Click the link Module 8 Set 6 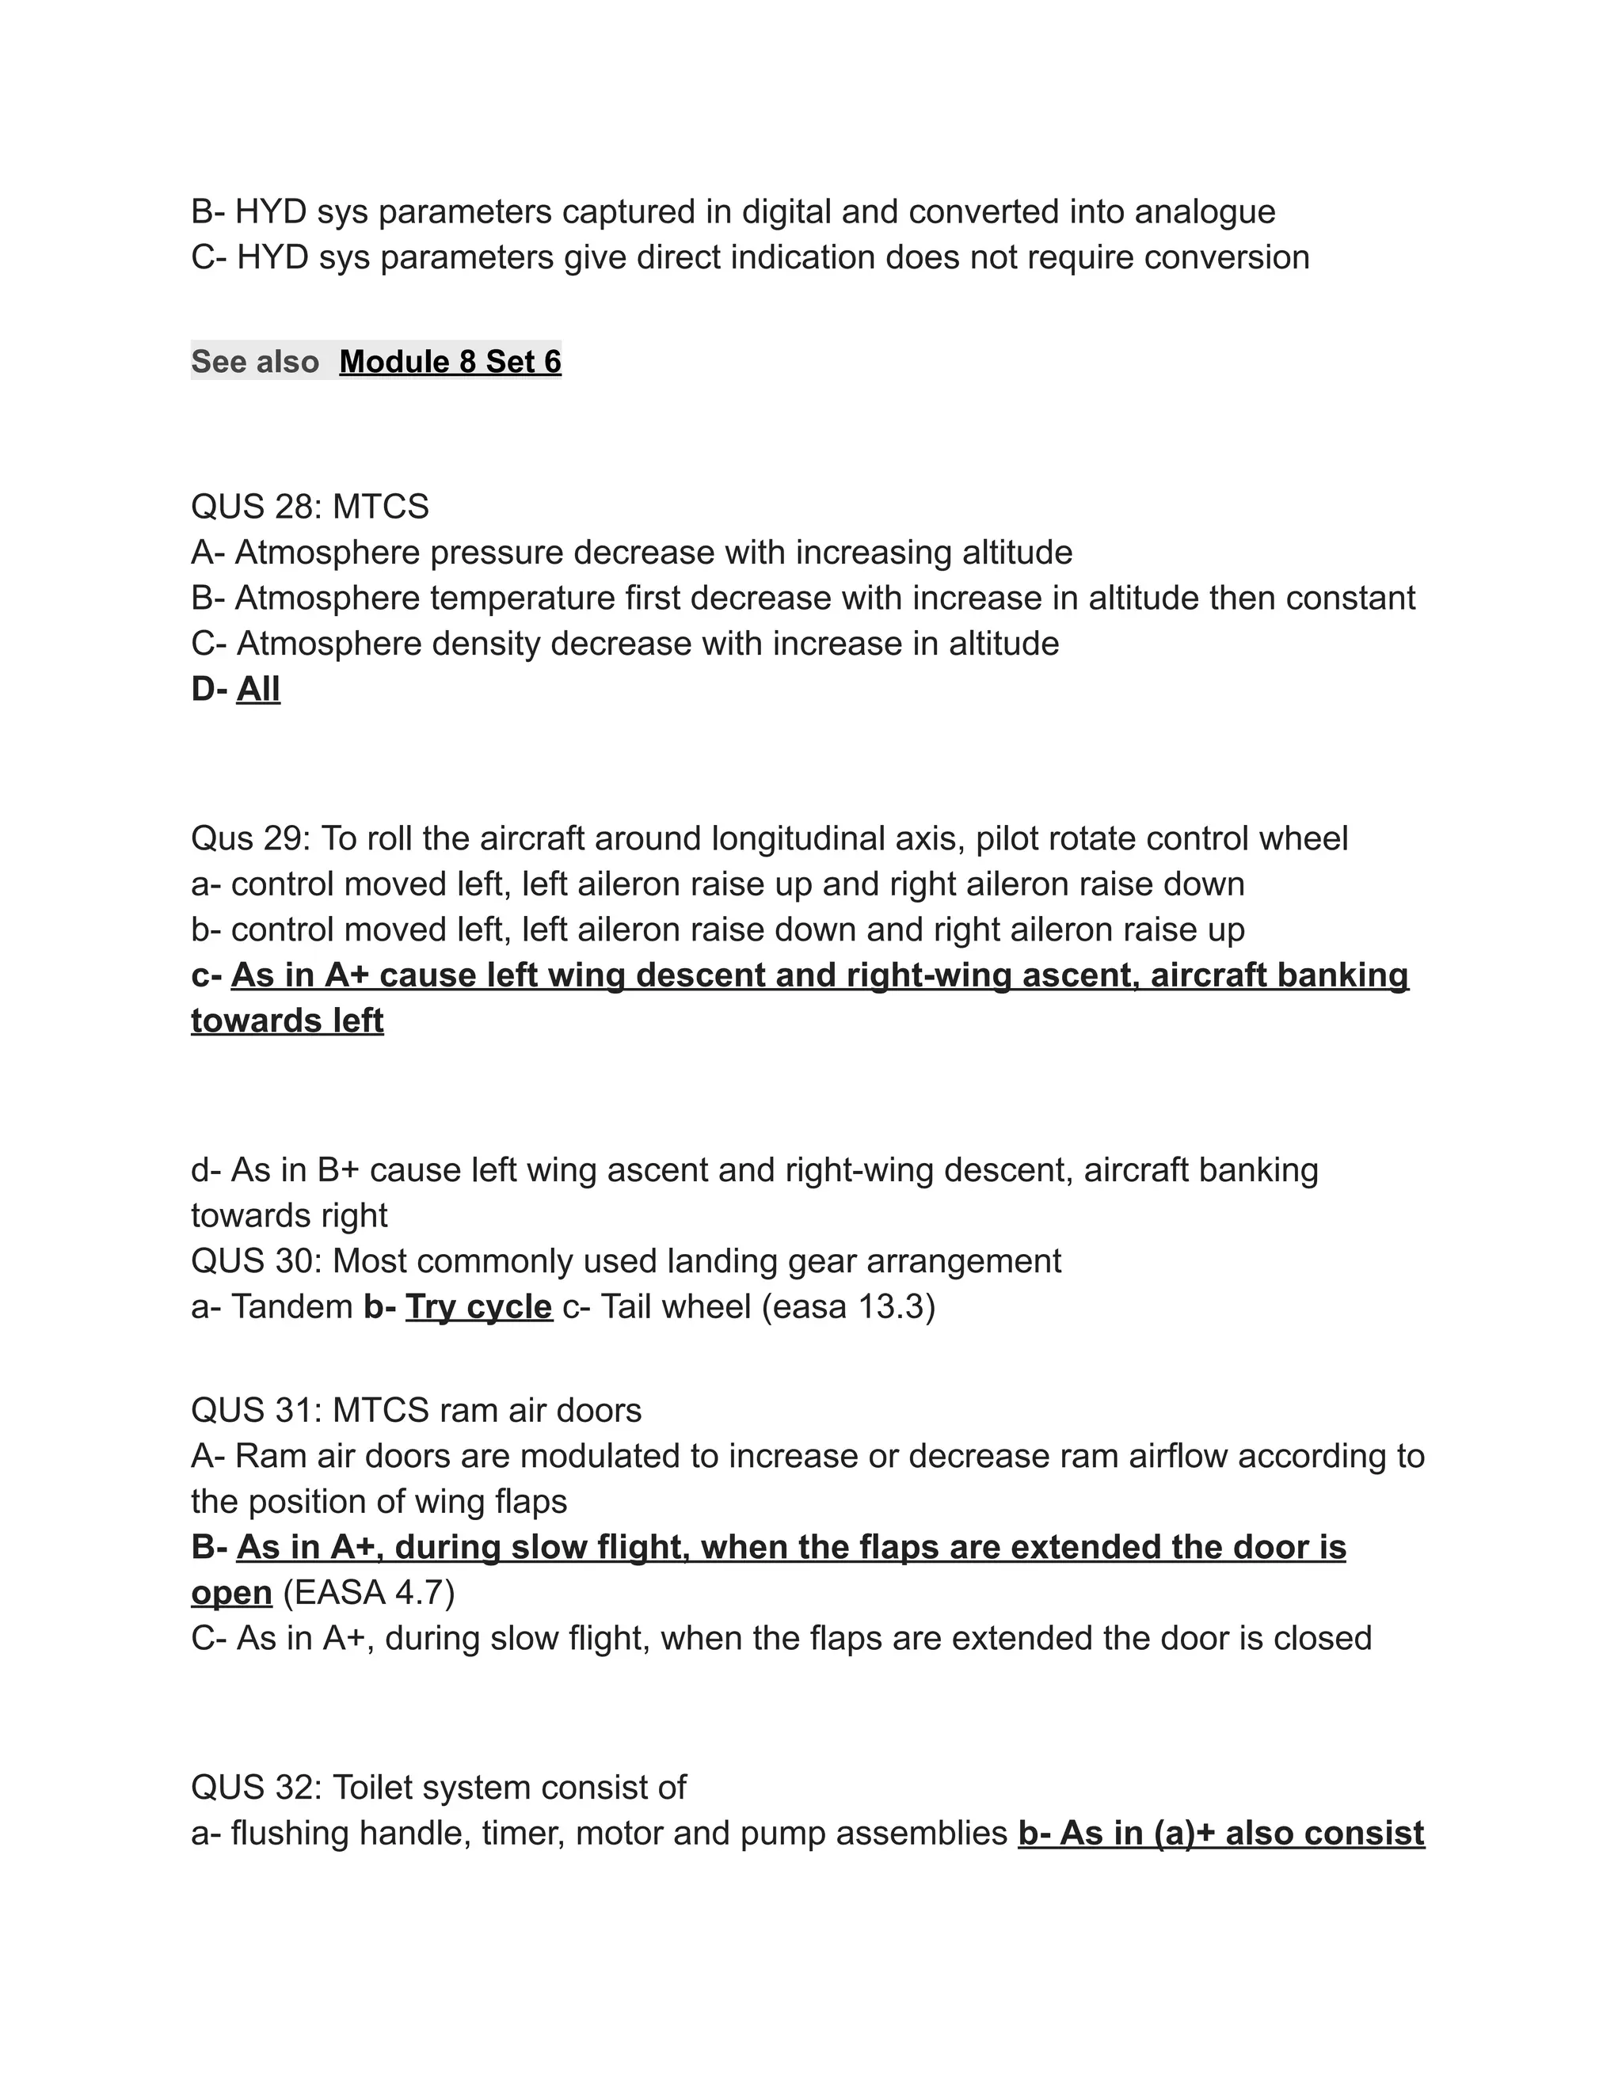(x=450, y=362)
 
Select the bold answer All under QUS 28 (x=257, y=690)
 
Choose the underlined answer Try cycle (x=478, y=1307)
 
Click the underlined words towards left (x=287, y=1021)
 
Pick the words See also (x=255, y=362)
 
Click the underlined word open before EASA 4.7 (x=231, y=1593)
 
